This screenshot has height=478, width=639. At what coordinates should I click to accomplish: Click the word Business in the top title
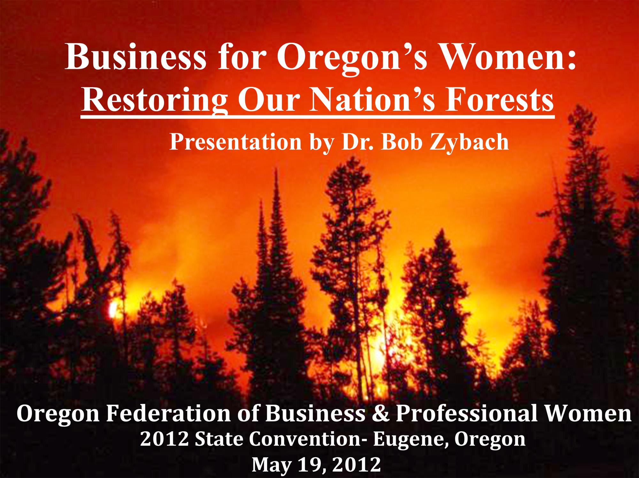[x=136, y=57]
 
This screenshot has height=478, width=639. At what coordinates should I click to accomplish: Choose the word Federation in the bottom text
[x=168, y=413]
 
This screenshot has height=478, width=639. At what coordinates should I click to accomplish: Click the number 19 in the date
[x=312, y=465]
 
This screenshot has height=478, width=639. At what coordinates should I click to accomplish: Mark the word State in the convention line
[x=219, y=439]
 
